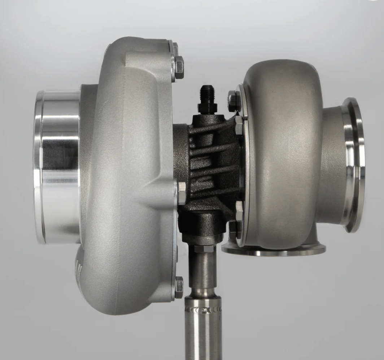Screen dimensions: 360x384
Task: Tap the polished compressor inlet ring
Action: click(x=58, y=166)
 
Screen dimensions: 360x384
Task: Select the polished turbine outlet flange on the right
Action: click(x=354, y=164)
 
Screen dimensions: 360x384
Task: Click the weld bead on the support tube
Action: click(x=203, y=309)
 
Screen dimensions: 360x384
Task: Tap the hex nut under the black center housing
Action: click(x=204, y=249)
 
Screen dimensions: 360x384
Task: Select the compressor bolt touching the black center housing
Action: click(x=182, y=193)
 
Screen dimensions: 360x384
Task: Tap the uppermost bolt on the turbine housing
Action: click(x=233, y=101)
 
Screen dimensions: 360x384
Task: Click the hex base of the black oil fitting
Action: click(x=207, y=108)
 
